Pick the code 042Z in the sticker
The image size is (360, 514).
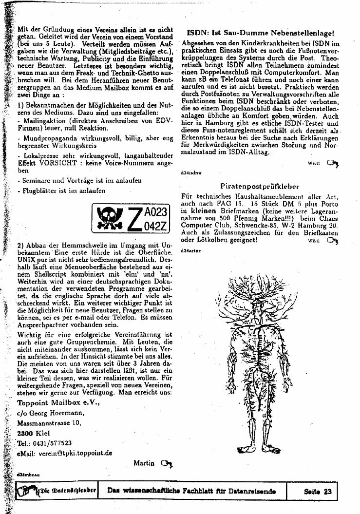(x=156, y=225)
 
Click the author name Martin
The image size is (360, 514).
(x=144, y=463)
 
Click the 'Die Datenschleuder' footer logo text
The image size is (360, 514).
(x=68, y=491)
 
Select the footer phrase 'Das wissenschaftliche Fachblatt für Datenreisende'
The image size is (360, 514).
(x=191, y=491)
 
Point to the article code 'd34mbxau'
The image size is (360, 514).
(x=28, y=474)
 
